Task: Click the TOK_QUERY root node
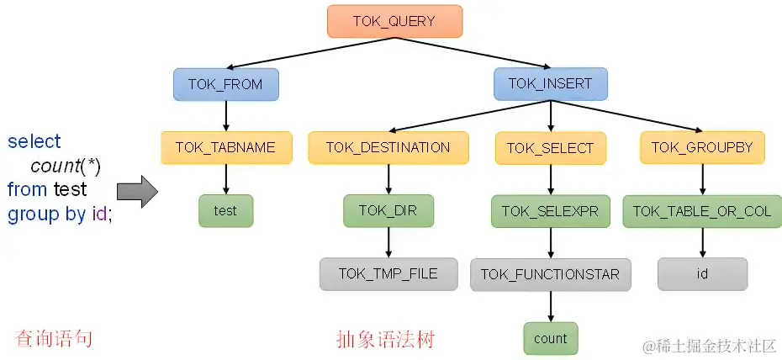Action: pos(394,21)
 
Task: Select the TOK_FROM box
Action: pos(225,84)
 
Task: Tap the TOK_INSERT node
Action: pos(550,83)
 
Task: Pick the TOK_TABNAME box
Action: pos(225,147)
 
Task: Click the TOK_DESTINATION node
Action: pos(388,147)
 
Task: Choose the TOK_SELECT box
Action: pos(550,148)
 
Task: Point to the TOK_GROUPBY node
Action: pos(701,147)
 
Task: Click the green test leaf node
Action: pos(225,211)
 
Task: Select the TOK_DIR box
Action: pos(388,211)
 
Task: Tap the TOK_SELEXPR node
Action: pos(550,211)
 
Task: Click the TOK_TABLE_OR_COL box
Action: pos(701,211)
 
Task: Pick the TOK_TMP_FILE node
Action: pos(388,273)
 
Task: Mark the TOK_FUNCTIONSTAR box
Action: pos(550,274)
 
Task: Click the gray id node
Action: pos(701,273)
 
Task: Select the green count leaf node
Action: pos(550,338)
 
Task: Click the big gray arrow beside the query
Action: pos(137,192)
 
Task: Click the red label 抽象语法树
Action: pos(385,339)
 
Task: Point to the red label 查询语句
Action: pos(54,339)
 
